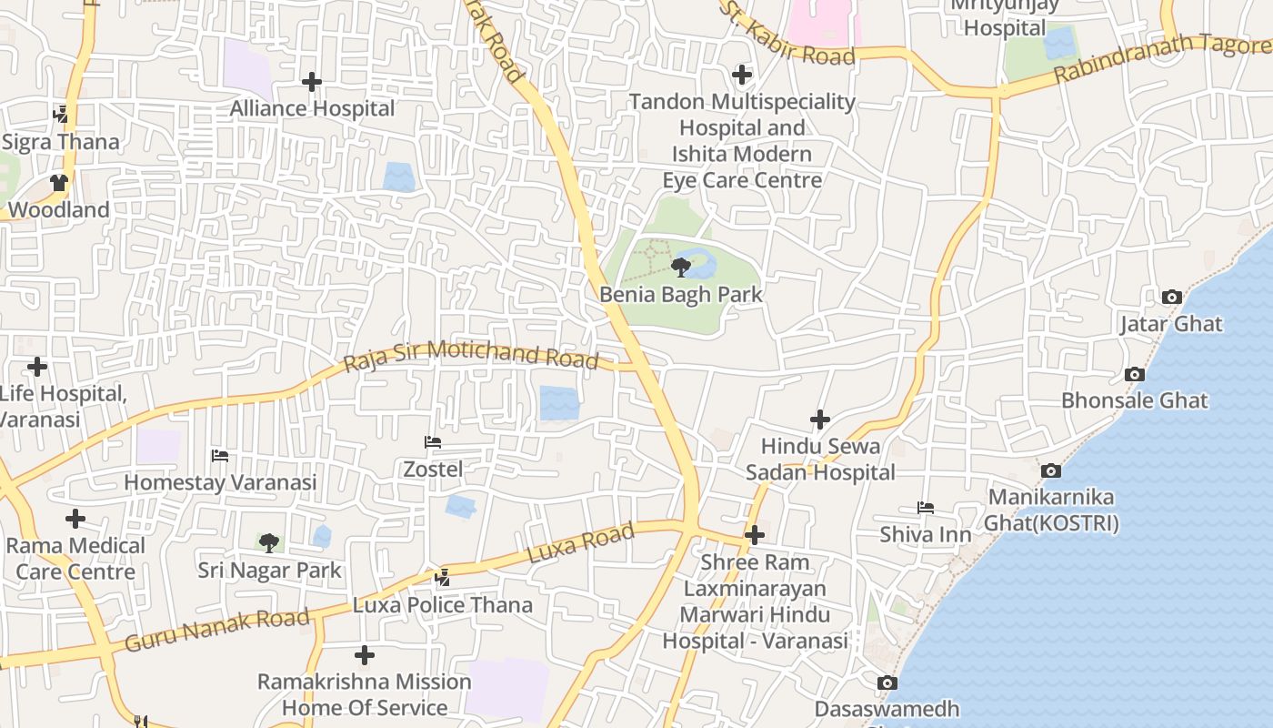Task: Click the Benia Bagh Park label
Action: (680, 295)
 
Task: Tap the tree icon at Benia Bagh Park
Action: (680, 267)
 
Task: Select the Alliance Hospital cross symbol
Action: (312, 82)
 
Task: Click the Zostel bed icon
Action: (433, 442)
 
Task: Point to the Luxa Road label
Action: (580, 543)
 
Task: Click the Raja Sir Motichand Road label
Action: (472, 354)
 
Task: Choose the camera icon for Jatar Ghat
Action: (1171, 297)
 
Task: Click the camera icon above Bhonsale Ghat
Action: (1134, 374)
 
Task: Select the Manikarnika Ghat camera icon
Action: (1051, 470)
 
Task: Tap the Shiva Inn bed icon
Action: (925, 508)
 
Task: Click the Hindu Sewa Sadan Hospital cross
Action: (820, 420)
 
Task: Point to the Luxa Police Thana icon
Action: (443, 578)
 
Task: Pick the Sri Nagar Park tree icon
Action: (269, 543)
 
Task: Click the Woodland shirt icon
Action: (59, 183)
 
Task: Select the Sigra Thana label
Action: (60, 142)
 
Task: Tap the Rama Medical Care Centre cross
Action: (75, 519)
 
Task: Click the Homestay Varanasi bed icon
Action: (219, 456)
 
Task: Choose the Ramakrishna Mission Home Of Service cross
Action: (365, 655)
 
